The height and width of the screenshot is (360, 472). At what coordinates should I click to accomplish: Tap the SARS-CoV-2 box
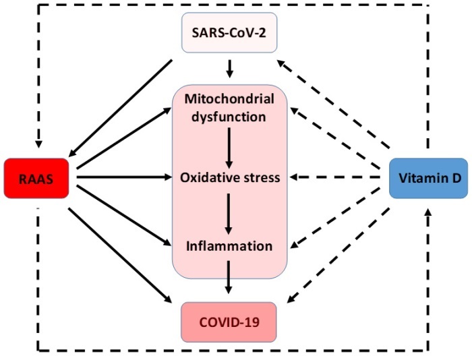click(x=229, y=32)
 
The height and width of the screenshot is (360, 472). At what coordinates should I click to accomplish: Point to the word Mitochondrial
click(x=229, y=99)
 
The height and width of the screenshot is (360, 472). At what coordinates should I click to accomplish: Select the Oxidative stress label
click(x=229, y=178)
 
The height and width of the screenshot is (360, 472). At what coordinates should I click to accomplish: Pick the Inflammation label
click(x=229, y=245)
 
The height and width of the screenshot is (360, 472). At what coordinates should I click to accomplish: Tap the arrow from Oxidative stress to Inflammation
click(x=229, y=212)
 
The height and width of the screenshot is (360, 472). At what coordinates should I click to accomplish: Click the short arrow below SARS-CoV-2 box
click(x=229, y=68)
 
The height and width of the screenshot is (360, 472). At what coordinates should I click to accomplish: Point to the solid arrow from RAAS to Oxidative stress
click(x=125, y=178)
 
